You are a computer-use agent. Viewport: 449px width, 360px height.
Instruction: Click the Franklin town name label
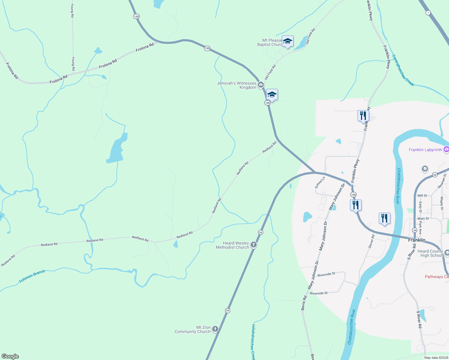point(417,240)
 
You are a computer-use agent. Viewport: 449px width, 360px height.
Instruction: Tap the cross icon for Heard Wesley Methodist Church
point(254,245)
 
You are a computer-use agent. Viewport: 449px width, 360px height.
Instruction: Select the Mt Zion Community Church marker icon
point(215,329)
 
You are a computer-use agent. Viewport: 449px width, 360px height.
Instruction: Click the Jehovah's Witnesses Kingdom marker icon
point(261,85)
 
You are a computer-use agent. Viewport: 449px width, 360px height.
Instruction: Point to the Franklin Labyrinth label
point(425,150)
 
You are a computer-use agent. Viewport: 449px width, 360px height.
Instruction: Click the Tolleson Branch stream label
point(32,276)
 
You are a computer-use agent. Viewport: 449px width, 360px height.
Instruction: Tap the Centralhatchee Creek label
point(403,70)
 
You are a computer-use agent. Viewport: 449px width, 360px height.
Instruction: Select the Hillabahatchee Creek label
point(253,342)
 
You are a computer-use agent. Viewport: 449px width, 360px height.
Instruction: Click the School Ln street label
point(320,183)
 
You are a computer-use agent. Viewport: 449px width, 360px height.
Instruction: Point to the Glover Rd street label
point(372,241)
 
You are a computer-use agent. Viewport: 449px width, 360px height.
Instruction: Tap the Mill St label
point(422,196)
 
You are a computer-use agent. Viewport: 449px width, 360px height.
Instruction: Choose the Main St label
point(423,219)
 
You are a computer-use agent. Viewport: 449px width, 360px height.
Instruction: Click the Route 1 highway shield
point(428,13)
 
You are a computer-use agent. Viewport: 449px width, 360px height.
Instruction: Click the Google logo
point(10,356)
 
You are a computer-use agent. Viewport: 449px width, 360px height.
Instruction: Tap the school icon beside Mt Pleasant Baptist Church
point(288,41)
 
